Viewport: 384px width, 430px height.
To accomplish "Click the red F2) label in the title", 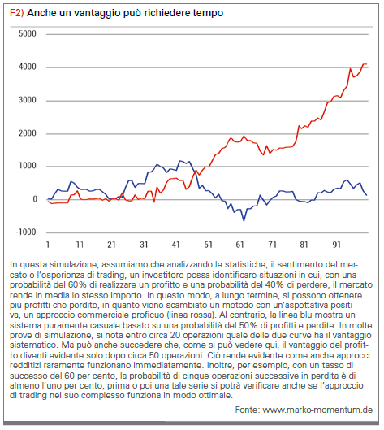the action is pyautogui.click(x=17, y=13).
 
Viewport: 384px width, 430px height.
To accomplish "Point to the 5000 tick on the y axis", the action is pyautogui.click(x=27, y=33).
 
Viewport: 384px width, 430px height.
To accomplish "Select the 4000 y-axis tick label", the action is pyautogui.click(x=27, y=67).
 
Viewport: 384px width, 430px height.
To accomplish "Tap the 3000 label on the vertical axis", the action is pyautogui.click(x=27, y=100).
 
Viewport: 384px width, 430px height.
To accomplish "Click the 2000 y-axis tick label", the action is pyautogui.click(x=27, y=133).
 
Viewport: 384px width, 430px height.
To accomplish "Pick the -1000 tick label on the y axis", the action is pyautogui.click(x=26, y=232).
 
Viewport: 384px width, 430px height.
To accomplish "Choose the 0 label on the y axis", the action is pyautogui.click(x=35, y=199).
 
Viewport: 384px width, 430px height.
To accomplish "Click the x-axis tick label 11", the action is pyautogui.click(x=80, y=245).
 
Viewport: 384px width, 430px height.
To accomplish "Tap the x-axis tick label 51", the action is pyautogui.click(x=208, y=245).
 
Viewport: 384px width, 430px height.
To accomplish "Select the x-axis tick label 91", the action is pyautogui.click(x=336, y=245).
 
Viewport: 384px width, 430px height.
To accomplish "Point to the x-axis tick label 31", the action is pyautogui.click(x=144, y=245).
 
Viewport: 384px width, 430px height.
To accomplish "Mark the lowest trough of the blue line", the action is pyautogui.click(x=244, y=220).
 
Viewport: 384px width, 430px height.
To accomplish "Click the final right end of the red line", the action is pyautogui.click(x=366, y=64).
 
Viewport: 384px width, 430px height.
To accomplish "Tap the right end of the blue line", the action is pyautogui.click(x=366, y=195).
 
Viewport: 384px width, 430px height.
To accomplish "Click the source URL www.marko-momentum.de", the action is pyautogui.click(x=317, y=410).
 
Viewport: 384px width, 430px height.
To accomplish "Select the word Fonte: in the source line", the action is pyautogui.click(x=248, y=410).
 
